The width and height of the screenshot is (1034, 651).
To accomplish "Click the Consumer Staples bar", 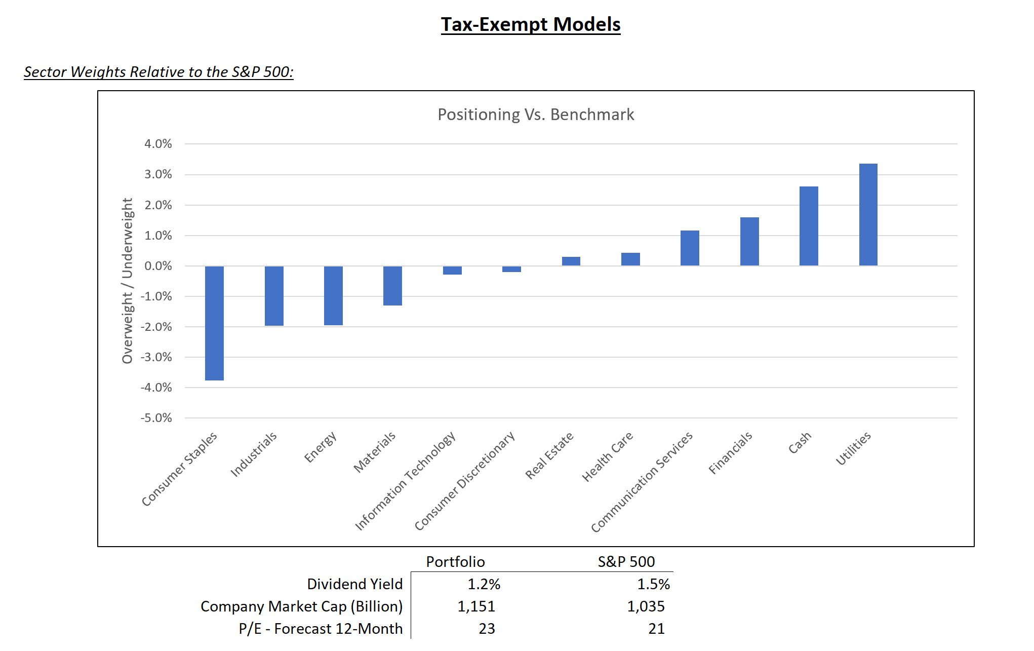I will (x=214, y=323).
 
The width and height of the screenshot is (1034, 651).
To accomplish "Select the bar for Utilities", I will (x=868, y=215).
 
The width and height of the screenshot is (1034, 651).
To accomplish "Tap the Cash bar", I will (x=809, y=226).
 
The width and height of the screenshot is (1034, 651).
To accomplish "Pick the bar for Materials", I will (x=392, y=286).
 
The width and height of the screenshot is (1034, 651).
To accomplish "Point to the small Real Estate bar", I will (x=571, y=261).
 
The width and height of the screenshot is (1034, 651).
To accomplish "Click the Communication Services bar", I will (x=690, y=248).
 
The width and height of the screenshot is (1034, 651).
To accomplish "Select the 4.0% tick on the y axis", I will (x=158, y=144).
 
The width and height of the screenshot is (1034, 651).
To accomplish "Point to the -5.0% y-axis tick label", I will (x=156, y=418).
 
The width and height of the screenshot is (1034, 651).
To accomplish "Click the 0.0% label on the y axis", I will (x=158, y=266).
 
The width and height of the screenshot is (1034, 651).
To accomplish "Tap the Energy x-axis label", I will (x=321, y=446).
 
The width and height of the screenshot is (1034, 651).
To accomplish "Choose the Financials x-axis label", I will (x=730, y=453).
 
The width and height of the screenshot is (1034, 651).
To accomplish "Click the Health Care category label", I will (x=607, y=456).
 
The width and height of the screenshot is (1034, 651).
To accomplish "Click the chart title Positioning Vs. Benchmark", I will (x=536, y=114).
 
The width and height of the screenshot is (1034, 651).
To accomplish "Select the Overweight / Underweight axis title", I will (x=127, y=281).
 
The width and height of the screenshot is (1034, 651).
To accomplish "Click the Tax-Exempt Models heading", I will (x=530, y=24).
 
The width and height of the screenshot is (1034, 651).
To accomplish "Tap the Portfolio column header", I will (x=455, y=561).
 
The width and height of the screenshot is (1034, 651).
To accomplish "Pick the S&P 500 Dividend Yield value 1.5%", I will (x=653, y=584).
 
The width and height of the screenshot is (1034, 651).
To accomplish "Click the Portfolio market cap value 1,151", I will (x=476, y=606).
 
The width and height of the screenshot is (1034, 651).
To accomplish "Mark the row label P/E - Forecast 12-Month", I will (x=321, y=629).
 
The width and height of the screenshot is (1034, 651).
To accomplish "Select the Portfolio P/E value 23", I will (x=487, y=629).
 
